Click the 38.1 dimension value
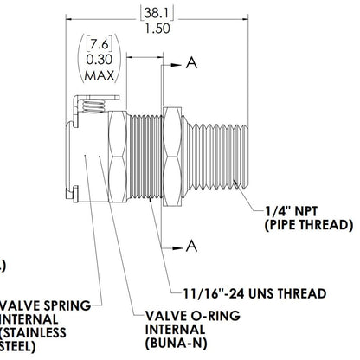157,13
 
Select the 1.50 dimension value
157,29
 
